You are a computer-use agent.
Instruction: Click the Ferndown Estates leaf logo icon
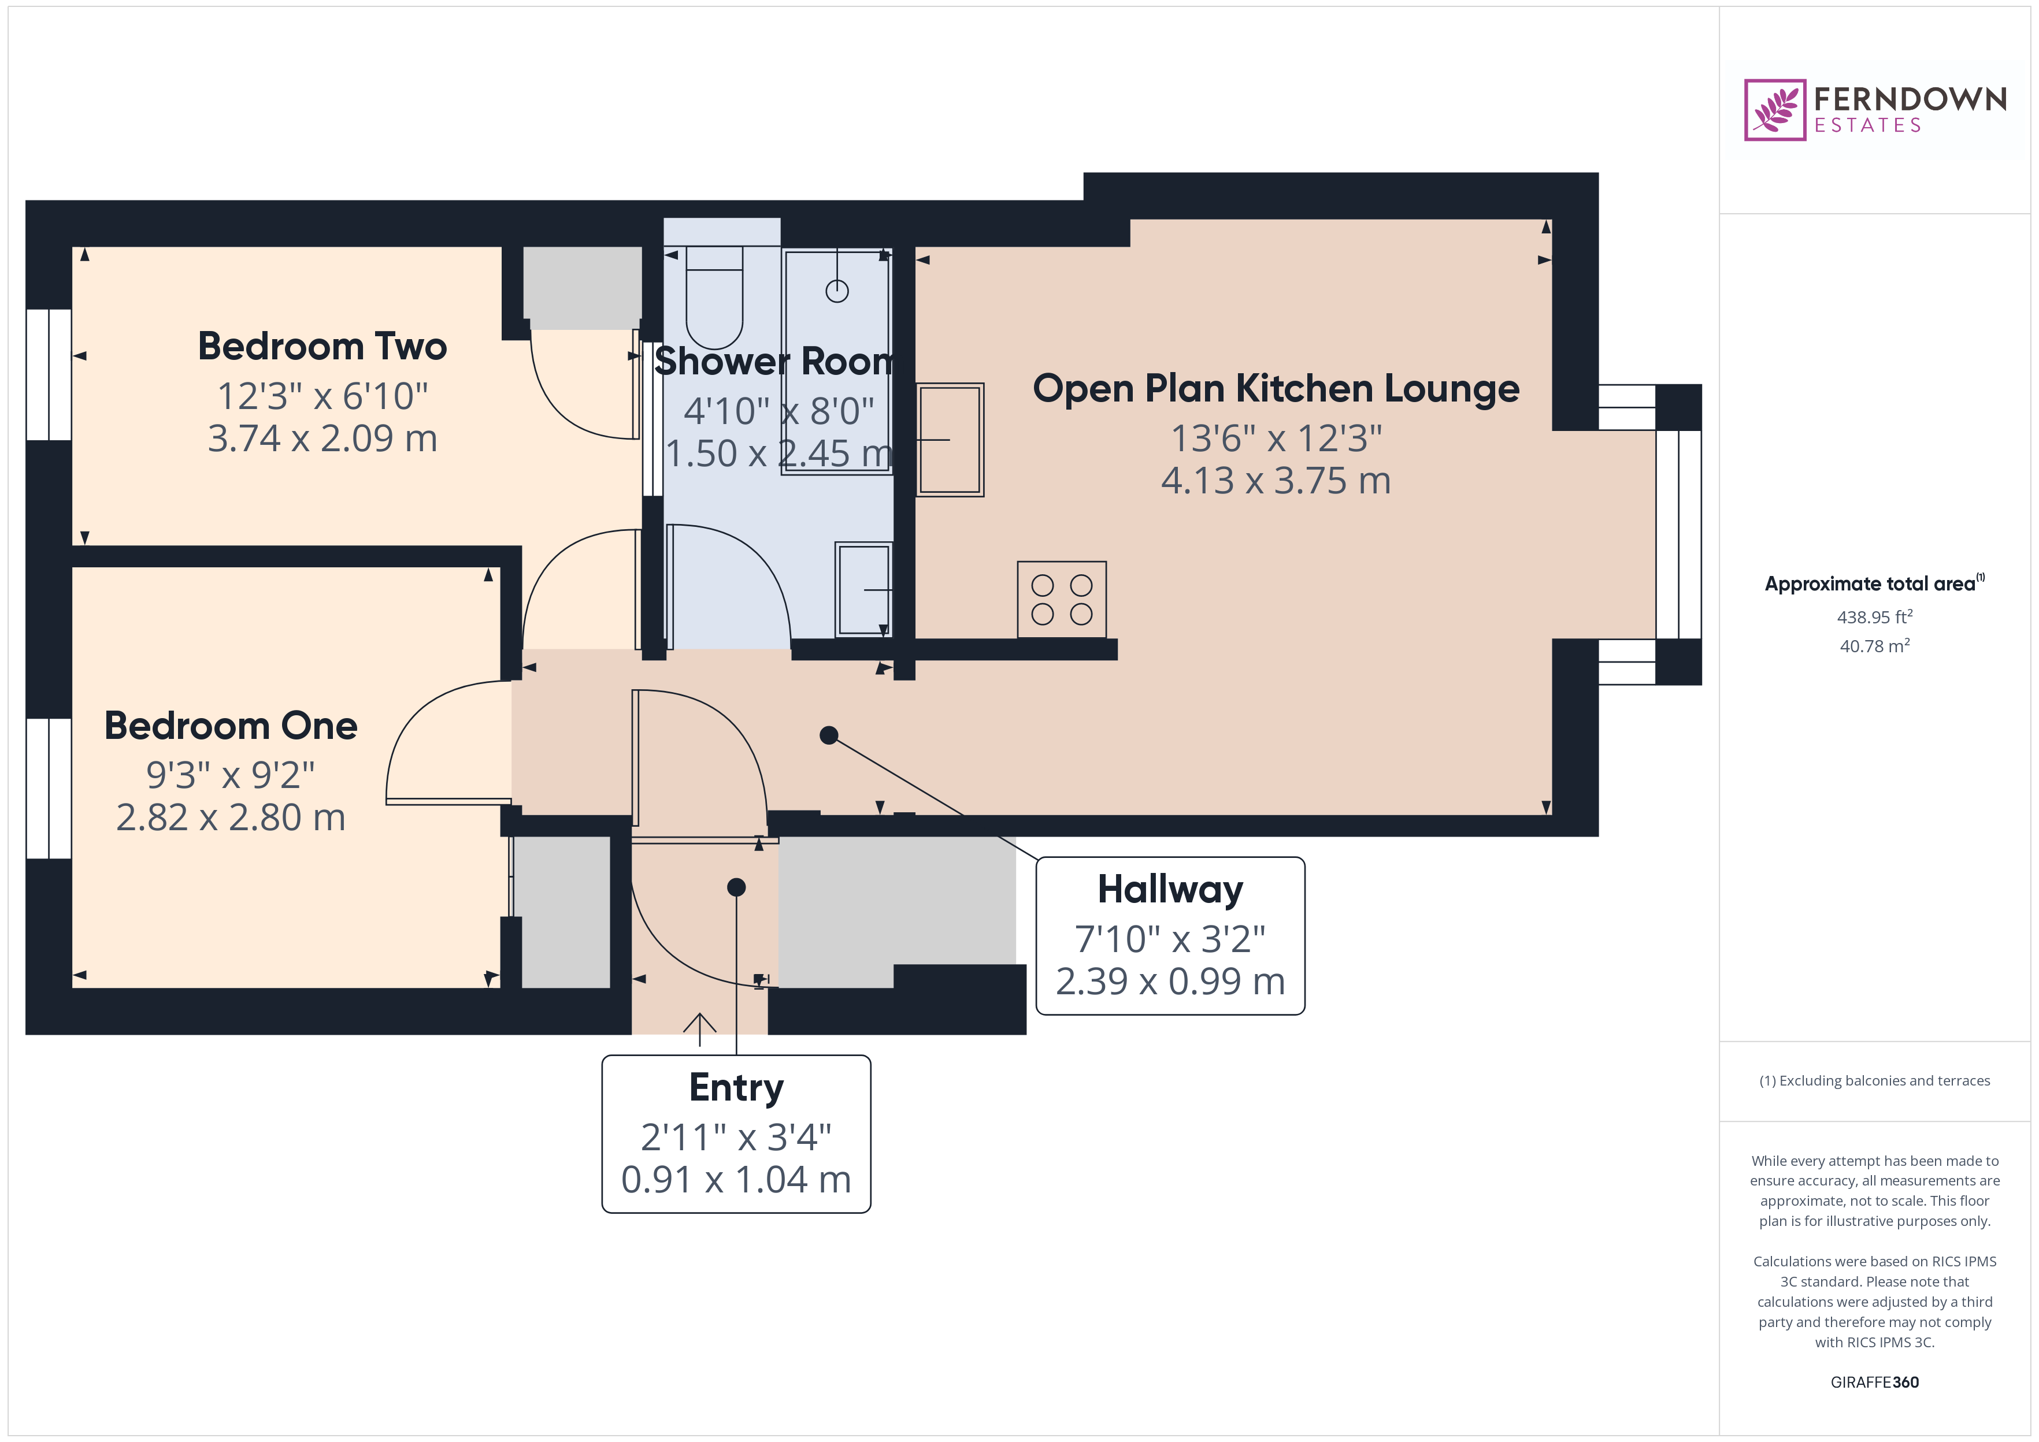click(x=1774, y=110)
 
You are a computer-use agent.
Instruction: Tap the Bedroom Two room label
click(x=321, y=346)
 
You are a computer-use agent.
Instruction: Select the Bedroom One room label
click(x=231, y=726)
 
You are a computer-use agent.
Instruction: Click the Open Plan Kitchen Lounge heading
click(x=1276, y=389)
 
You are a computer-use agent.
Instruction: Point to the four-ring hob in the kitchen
click(x=1061, y=599)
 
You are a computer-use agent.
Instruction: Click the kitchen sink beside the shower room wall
click(x=950, y=440)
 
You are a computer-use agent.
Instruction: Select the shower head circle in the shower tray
click(x=836, y=291)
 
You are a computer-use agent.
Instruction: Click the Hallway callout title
click(x=1170, y=889)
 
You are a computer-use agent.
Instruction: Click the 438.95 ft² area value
click(x=1874, y=616)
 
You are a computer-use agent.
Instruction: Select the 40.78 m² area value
click(x=1874, y=645)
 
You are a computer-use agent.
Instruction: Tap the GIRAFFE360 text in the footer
click(x=1874, y=1381)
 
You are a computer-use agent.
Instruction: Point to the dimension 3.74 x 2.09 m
click(x=321, y=438)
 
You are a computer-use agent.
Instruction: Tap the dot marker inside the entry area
click(x=736, y=887)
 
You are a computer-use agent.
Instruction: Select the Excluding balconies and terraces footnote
click(x=1874, y=1080)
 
